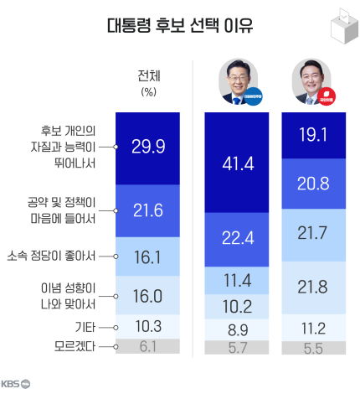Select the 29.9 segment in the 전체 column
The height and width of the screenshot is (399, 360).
(x=148, y=147)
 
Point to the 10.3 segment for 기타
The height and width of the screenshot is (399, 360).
(x=148, y=327)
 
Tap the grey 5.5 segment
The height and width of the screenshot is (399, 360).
(x=312, y=346)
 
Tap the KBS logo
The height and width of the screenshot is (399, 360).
(x=15, y=385)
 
